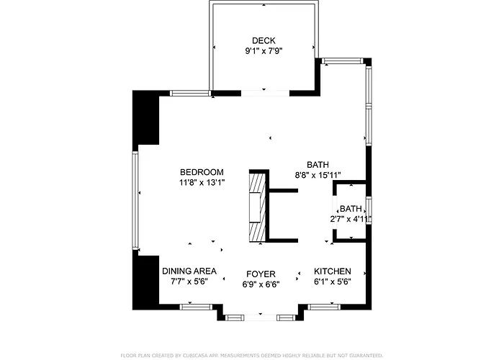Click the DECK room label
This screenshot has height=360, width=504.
coord(264,40)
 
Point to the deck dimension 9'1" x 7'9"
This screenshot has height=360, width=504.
coord(264,52)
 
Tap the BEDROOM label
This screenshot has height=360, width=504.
coord(202,172)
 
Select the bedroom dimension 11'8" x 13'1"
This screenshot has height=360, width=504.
coord(202,183)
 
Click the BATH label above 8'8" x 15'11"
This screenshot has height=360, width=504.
coord(317,164)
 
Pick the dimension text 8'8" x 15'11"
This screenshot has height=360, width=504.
coord(318,175)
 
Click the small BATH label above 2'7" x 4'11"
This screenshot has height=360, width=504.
coord(351,208)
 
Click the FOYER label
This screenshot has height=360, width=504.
coord(260,274)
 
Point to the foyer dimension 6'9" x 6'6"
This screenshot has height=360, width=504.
coord(260,284)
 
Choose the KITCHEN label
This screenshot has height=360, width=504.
coord(333,271)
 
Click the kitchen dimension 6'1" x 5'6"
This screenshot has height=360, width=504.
coord(333,282)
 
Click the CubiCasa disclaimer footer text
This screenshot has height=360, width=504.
coord(251,355)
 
